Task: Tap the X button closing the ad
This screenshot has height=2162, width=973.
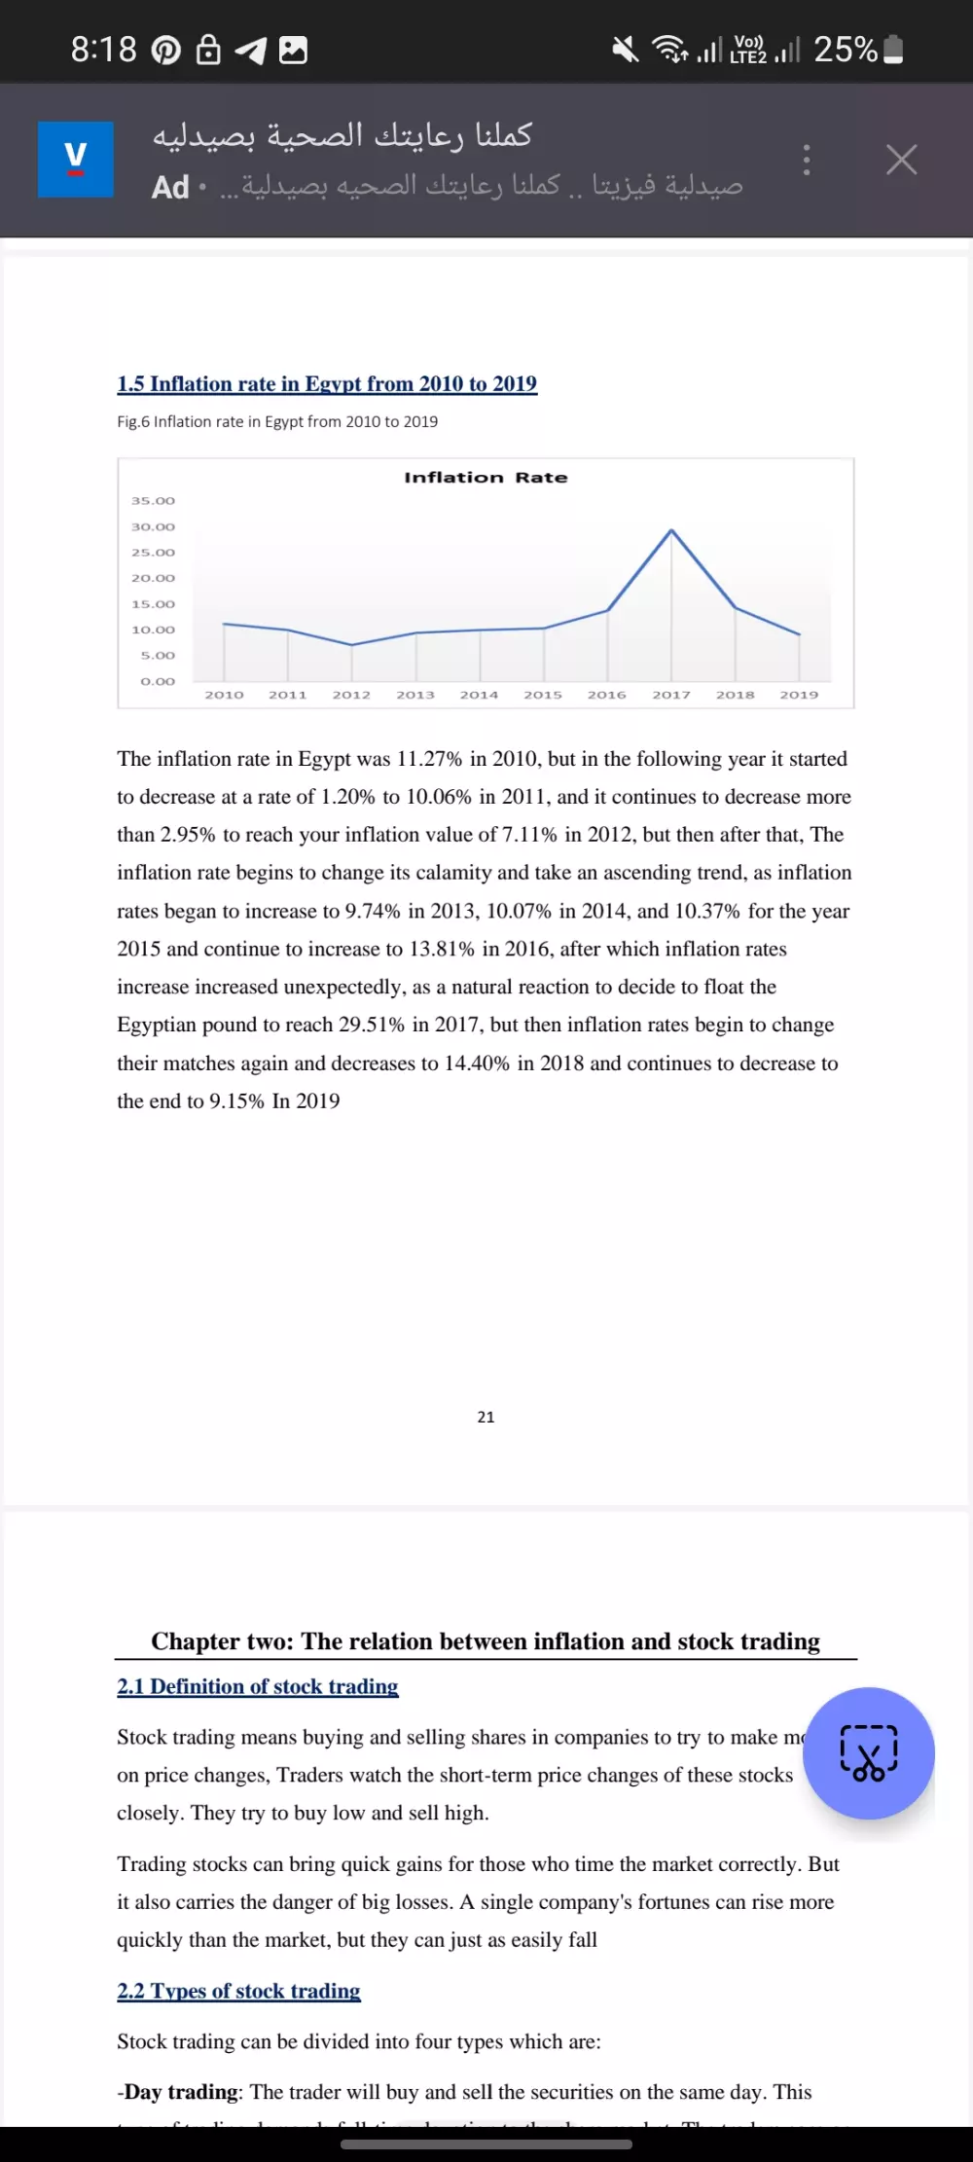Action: coord(901,160)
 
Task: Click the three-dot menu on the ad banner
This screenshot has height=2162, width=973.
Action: coord(806,160)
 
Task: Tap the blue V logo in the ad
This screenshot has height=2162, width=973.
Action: coord(76,160)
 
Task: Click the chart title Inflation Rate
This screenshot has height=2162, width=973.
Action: coord(486,478)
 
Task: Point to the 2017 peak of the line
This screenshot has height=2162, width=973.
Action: coord(671,531)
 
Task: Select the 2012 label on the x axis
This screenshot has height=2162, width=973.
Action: coord(351,695)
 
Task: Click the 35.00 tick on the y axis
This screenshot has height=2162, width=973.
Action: coord(154,501)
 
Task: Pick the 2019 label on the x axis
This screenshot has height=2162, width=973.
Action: coord(799,695)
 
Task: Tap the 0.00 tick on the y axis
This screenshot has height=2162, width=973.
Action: coord(158,681)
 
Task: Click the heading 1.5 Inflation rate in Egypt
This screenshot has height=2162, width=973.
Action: coord(327,383)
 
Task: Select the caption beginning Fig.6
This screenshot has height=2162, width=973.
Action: coord(277,421)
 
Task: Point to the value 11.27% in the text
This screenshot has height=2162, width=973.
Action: coord(429,759)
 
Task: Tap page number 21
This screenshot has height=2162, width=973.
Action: coord(486,1417)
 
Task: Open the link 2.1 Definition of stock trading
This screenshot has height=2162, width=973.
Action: coord(258,1686)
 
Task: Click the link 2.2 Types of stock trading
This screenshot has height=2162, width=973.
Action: coord(238,1991)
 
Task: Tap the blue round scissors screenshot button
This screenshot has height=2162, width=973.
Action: coord(868,1753)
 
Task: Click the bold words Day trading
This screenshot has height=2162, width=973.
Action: coord(181,2092)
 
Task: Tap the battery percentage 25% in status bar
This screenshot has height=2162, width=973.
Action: coord(845,49)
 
